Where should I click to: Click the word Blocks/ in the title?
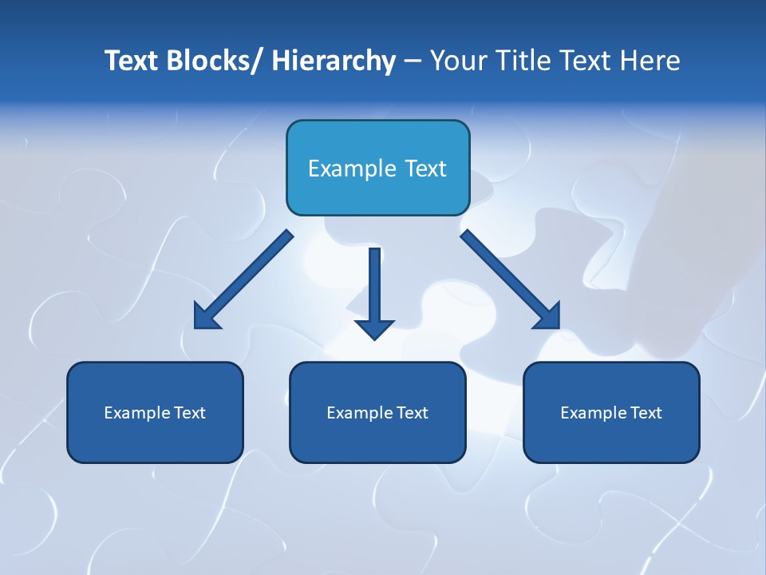tap(211, 61)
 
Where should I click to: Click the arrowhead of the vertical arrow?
tap(374, 328)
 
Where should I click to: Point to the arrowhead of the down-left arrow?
tap(206, 317)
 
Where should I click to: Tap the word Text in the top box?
tap(424, 169)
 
